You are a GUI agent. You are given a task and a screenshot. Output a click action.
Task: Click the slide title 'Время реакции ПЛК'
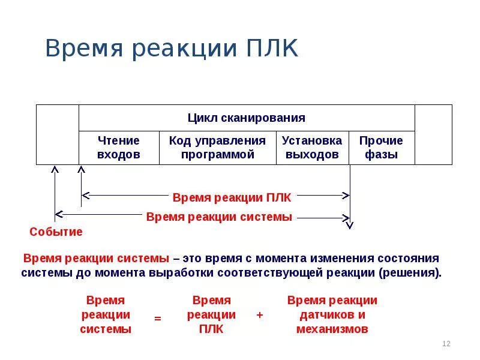click(x=172, y=48)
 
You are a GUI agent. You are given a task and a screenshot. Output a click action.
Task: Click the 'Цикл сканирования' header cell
click(x=246, y=118)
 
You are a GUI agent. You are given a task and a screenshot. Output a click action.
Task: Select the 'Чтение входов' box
click(x=119, y=148)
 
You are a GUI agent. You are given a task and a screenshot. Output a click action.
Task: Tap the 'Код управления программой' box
click(x=217, y=148)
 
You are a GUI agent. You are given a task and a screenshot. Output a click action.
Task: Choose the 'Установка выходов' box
click(x=312, y=148)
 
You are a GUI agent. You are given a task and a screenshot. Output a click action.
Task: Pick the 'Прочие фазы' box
click(x=381, y=148)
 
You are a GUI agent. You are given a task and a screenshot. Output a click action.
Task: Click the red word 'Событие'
click(x=56, y=232)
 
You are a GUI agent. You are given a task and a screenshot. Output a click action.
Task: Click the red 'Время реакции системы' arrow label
click(x=219, y=217)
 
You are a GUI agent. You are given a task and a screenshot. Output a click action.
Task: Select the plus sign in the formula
click(x=260, y=315)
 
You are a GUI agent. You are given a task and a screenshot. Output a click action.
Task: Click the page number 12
click(x=446, y=344)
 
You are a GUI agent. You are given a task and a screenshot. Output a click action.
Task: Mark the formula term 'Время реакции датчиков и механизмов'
click(x=332, y=314)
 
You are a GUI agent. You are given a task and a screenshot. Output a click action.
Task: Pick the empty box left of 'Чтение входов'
click(x=58, y=134)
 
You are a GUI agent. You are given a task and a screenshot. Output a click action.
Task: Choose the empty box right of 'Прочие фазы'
click(x=433, y=134)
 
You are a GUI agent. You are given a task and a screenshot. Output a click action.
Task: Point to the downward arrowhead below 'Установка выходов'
click(x=350, y=224)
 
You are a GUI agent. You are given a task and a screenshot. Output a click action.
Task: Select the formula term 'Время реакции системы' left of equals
click(x=106, y=314)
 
